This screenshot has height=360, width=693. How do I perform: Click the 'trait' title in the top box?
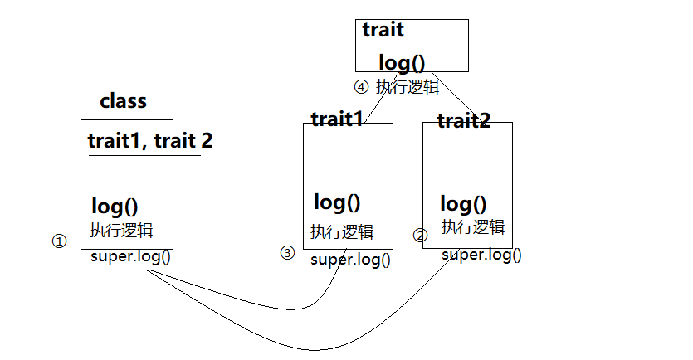click(x=383, y=31)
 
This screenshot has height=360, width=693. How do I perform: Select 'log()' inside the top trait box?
click(x=401, y=63)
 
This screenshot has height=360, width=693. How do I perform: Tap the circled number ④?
click(x=360, y=86)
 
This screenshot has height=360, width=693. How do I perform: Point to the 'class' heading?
click(x=123, y=101)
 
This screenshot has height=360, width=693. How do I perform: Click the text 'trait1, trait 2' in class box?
click(x=149, y=140)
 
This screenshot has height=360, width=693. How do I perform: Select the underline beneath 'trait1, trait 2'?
click(x=144, y=155)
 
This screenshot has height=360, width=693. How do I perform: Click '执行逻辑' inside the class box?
click(x=120, y=230)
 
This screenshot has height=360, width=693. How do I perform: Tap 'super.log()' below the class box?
click(x=130, y=255)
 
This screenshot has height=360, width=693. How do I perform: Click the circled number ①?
click(x=58, y=241)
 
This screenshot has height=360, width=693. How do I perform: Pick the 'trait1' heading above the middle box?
click(x=337, y=119)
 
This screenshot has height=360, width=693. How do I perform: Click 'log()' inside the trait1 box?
click(x=337, y=202)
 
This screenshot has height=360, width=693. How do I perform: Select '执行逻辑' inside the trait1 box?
click(x=342, y=231)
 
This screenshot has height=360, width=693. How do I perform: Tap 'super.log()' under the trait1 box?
click(x=350, y=259)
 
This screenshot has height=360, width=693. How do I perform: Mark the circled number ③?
click(x=287, y=253)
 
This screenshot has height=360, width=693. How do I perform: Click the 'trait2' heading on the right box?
click(x=463, y=121)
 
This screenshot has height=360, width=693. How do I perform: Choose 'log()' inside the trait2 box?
click(x=463, y=204)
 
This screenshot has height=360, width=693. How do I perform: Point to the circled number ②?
click(x=420, y=236)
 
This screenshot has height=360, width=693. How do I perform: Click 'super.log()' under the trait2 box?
click(x=481, y=255)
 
